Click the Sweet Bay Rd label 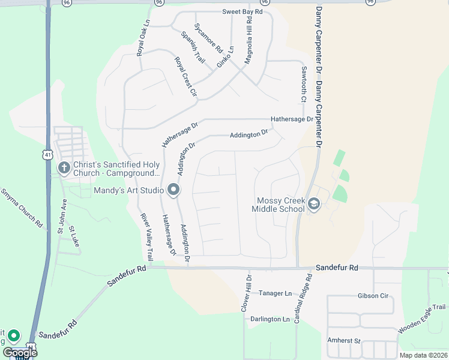point(243,12)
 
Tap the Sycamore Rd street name point(209,38)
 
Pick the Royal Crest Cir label point(185,76)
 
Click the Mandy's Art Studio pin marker point(173,190)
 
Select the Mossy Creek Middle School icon point(313,205)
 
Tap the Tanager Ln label point(275,293)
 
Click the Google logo point(20,352)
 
